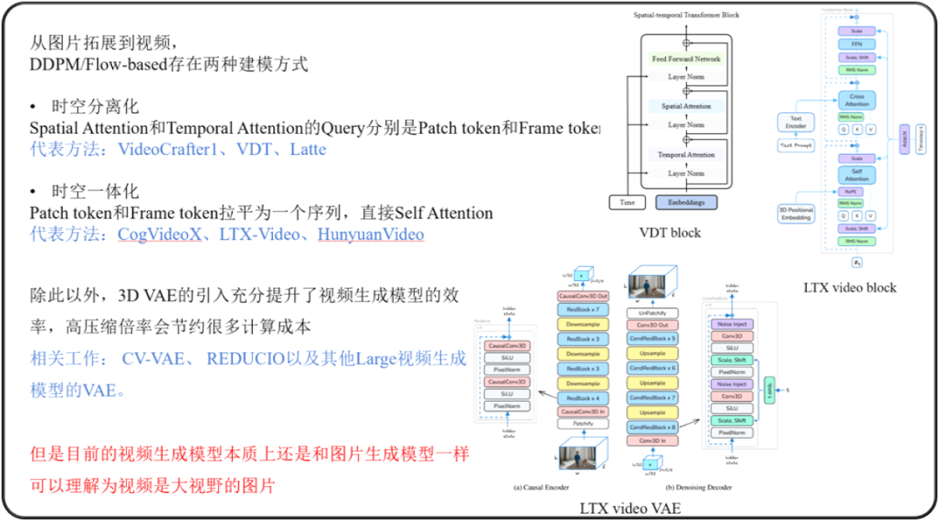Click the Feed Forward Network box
point(685,58)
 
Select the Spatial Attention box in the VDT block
point(685,106)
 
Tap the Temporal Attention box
point(685,155)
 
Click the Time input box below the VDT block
point(626,202)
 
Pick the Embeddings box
point(685,202)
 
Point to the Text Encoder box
point(796,123)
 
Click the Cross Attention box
point(856,100)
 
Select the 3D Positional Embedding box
point(796,214)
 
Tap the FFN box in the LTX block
point(856,43)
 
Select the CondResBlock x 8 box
point(651,426)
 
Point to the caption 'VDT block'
point(669,232)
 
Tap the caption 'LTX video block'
point(850,287)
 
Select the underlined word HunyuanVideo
point(370,234)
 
